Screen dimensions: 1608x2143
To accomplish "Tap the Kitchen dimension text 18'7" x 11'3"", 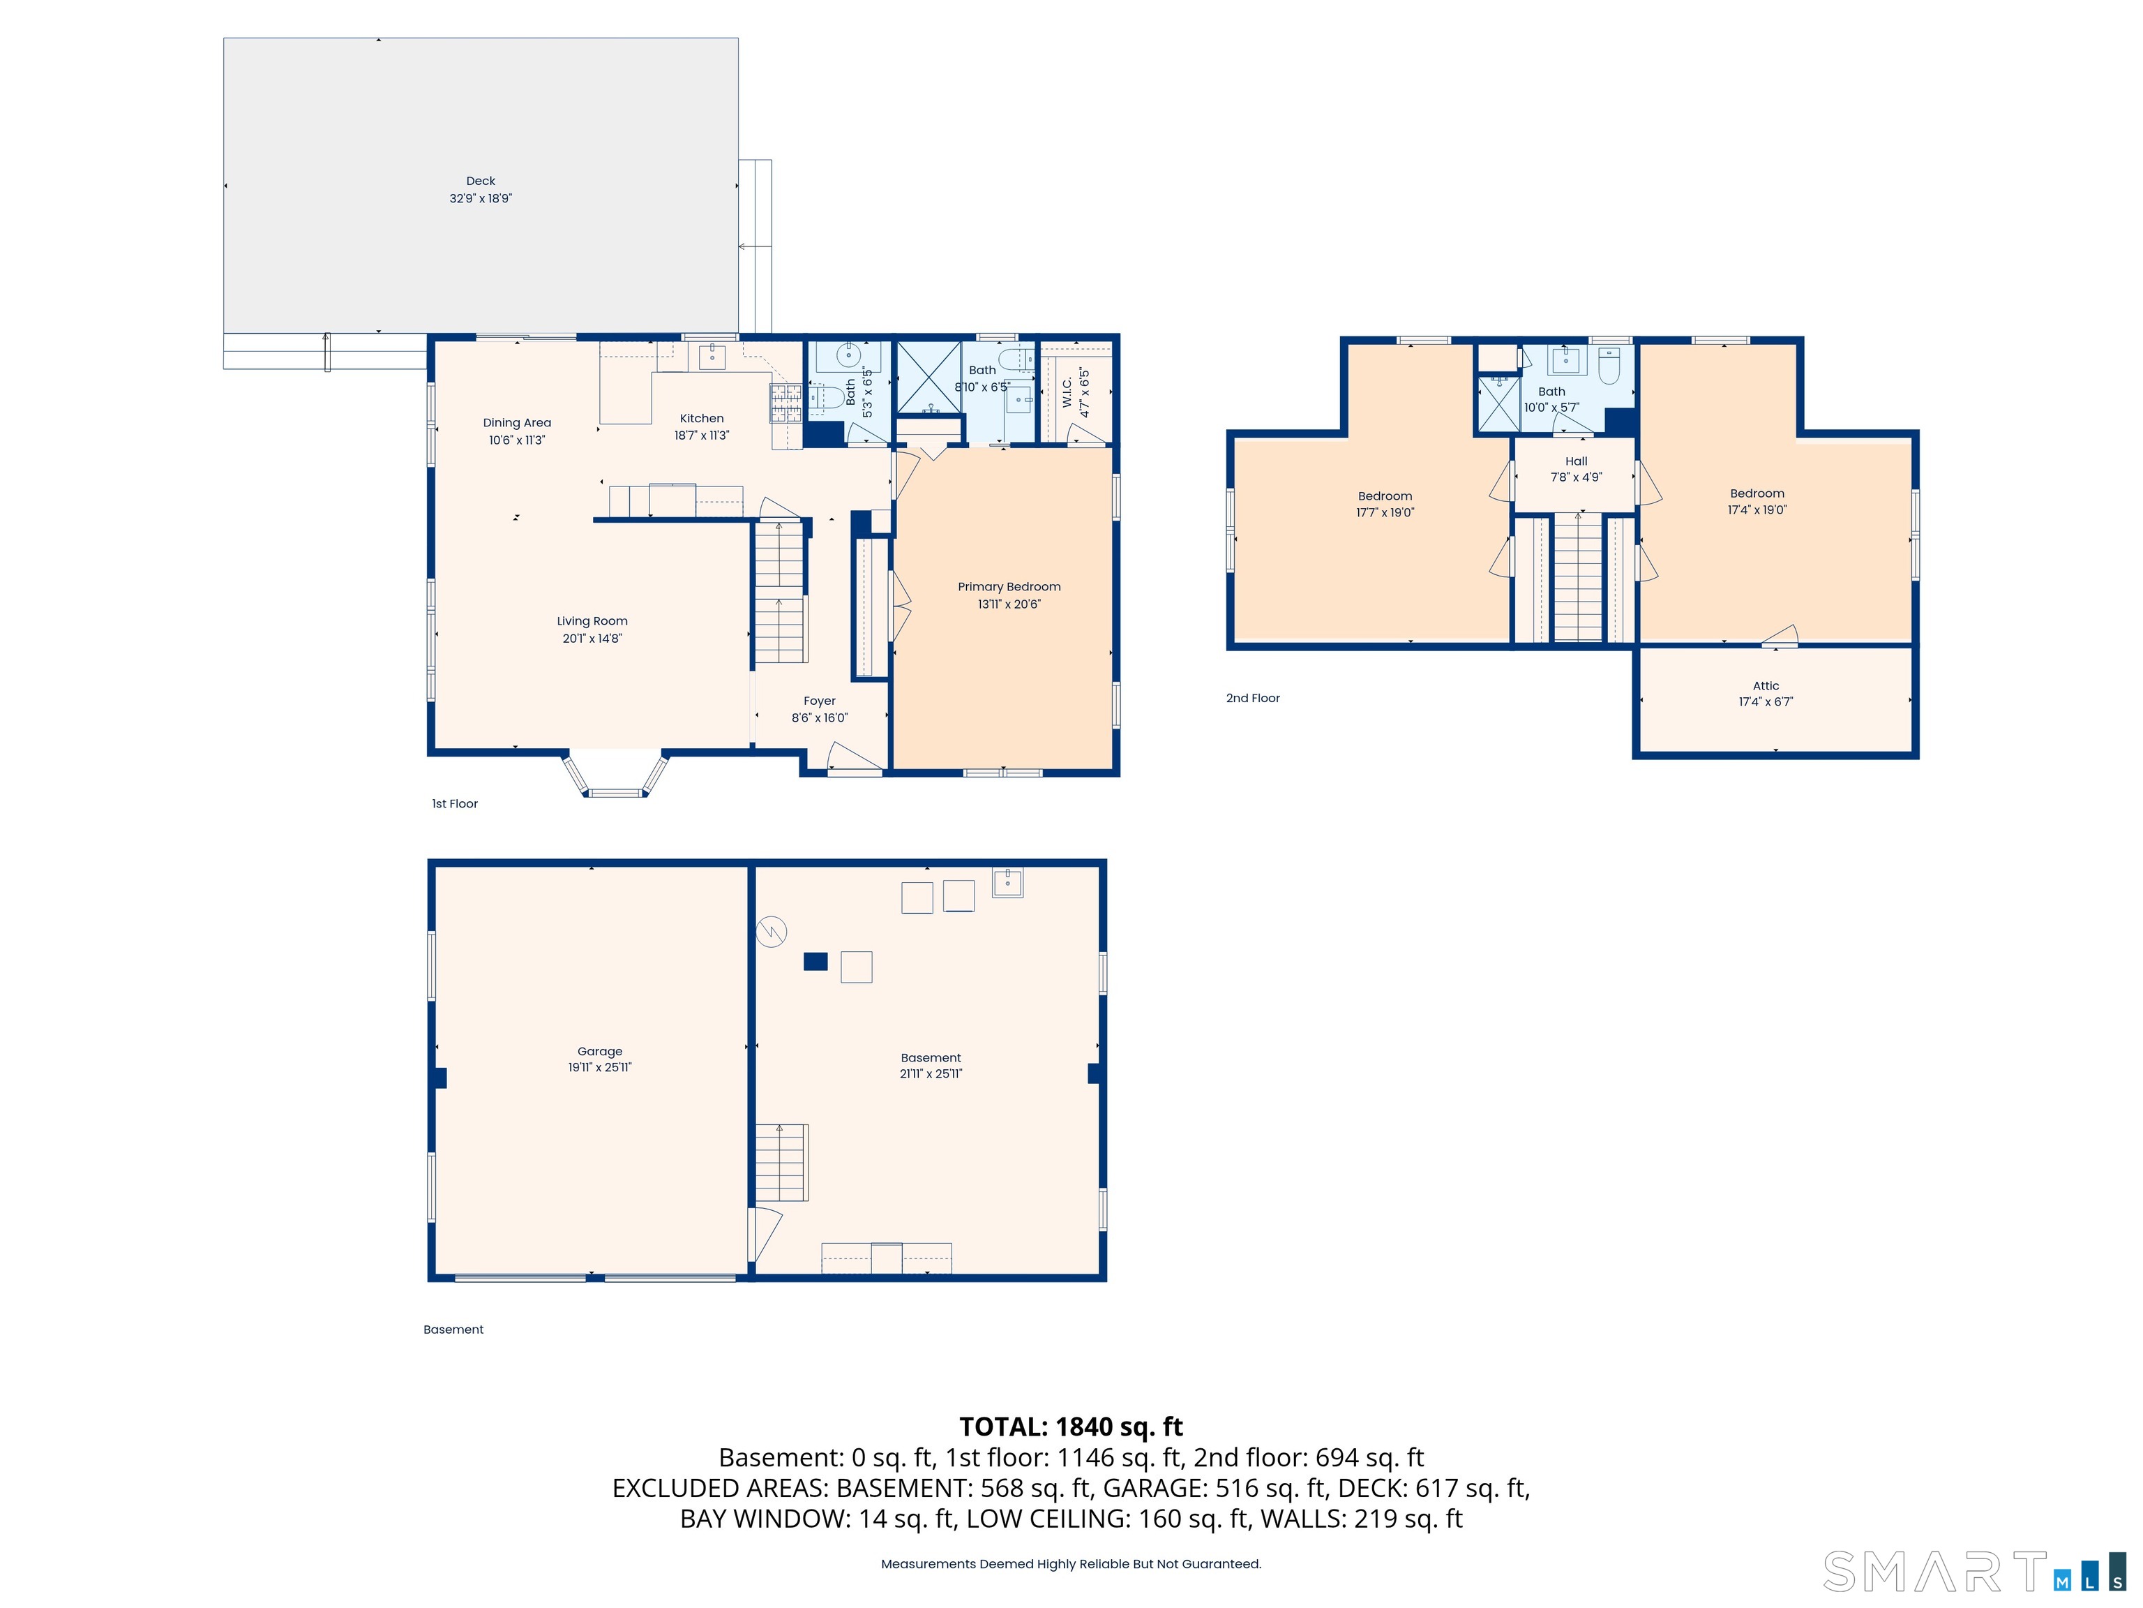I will [701, 436].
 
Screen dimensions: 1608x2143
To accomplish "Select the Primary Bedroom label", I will [1009, 586].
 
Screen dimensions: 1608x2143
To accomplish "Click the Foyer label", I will [819, 701].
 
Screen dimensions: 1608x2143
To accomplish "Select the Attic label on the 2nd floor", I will [1765, 685].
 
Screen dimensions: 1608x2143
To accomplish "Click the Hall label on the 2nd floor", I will [1575, 461].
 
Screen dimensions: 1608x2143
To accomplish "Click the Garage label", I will [600, 1050].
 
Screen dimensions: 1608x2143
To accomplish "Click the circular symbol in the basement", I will [771, 932].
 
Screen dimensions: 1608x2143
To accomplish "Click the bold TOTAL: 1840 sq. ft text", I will [1071, 1427].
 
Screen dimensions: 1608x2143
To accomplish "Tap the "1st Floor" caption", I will [454, 803].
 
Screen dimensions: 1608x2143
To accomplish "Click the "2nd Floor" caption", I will [1253, 698].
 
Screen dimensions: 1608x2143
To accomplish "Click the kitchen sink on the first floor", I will [712, 356].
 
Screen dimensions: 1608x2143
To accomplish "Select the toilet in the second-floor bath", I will [1608, 366].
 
